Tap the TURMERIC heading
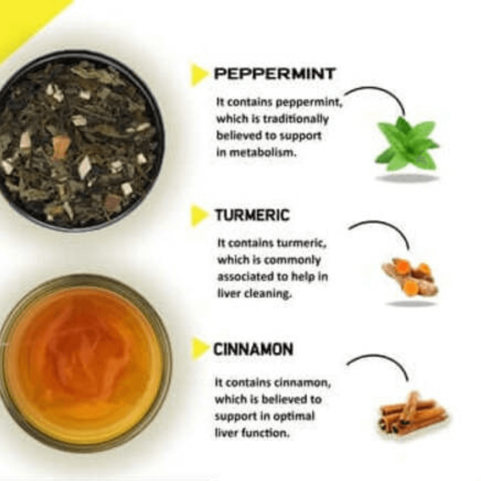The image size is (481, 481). [x=252, y=216]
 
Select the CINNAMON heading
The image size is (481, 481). [x=253, y=349]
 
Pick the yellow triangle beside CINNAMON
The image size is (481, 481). [x=198, y=349]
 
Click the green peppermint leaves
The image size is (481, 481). [x=405, y=143]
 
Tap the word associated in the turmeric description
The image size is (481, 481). [x=245, y=277]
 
